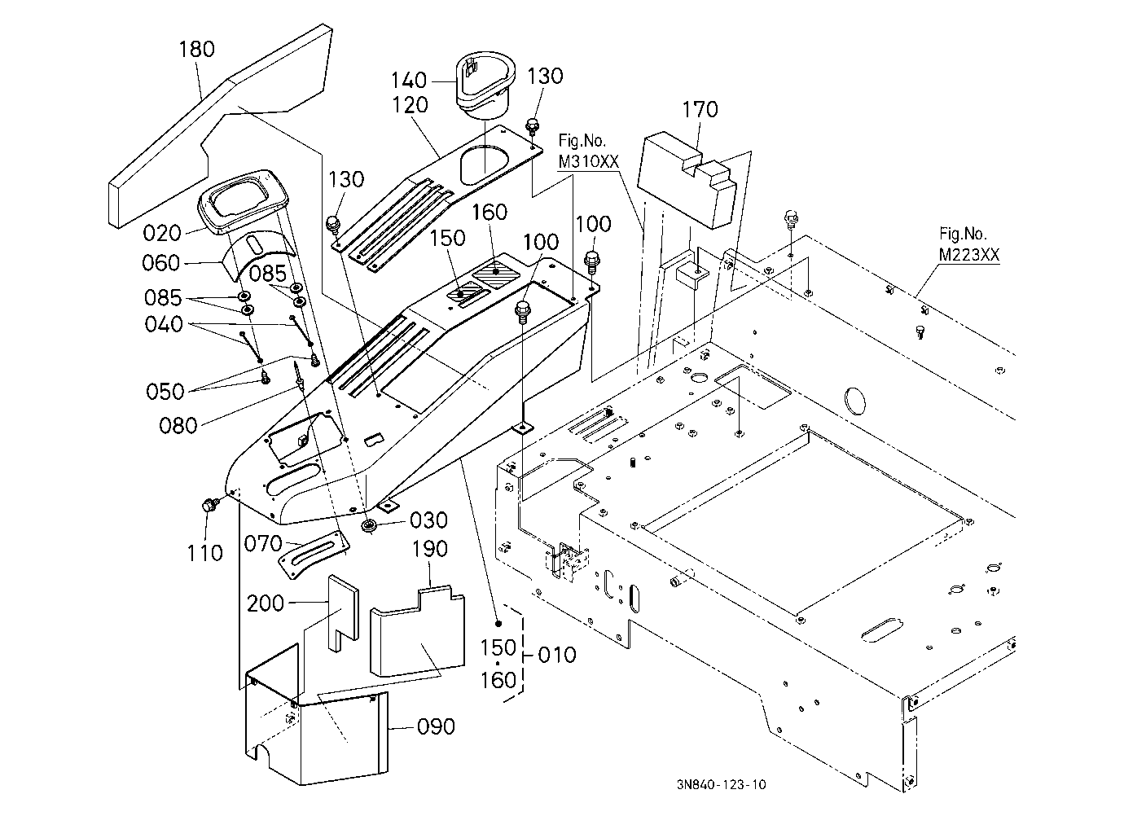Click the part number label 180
click(197, 49)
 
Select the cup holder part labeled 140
click(485, 85)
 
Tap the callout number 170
click(700, 109)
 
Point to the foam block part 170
click(687, 180)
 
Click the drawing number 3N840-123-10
click(721, 784)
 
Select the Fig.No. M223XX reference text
click(968, 244)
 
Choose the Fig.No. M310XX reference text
click(589, 151)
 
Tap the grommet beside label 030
click(371, 526)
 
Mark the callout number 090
click(436, 726)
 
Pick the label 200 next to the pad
click(266, 603)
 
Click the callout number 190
click(429, 549)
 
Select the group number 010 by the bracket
click(557, 655)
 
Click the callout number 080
click(178, 426)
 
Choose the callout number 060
click(160, 263)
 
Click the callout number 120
click(410, 105)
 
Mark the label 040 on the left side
click(164, 324)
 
